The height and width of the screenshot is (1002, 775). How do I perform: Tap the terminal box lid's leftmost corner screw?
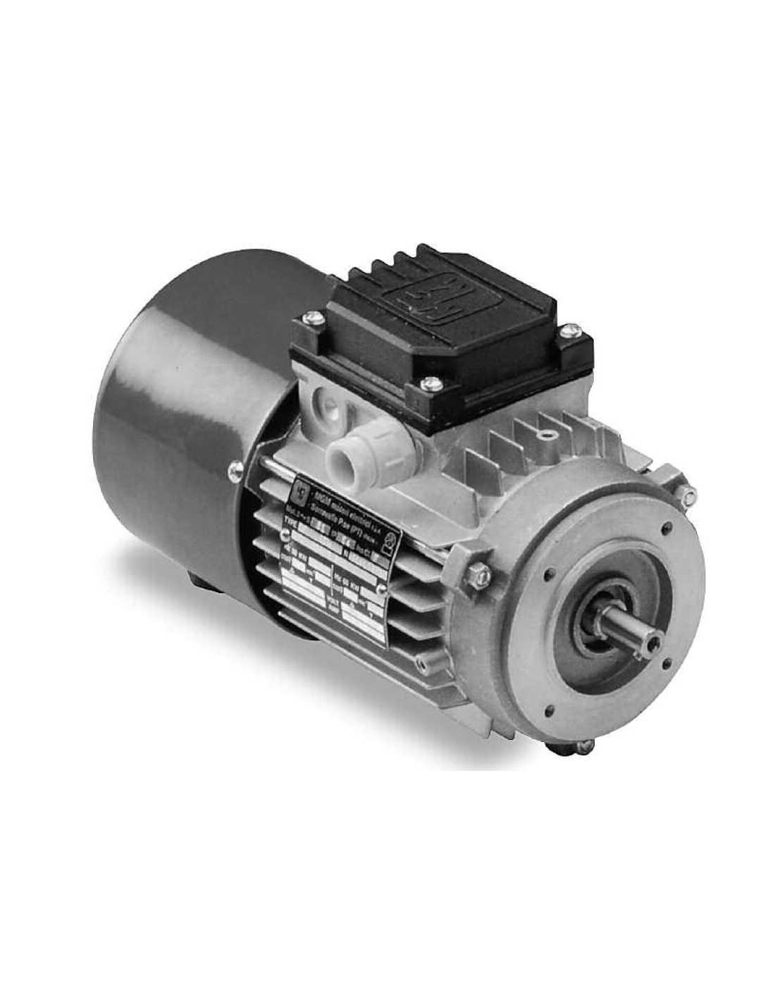point(309,321)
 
